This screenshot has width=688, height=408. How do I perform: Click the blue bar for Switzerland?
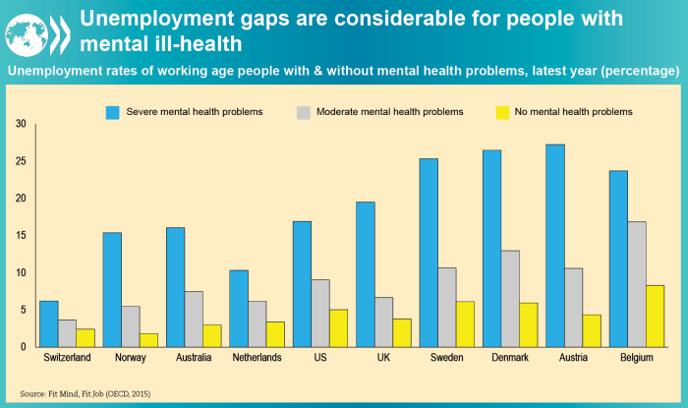[x=49, y=323]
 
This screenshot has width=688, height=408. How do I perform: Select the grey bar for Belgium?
[x=637, y=284]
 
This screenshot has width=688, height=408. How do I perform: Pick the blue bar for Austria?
[x=554, y=246]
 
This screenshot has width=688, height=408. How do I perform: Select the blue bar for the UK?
[x=365, y=274]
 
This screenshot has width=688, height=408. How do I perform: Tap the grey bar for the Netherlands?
[x=256, y=323]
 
